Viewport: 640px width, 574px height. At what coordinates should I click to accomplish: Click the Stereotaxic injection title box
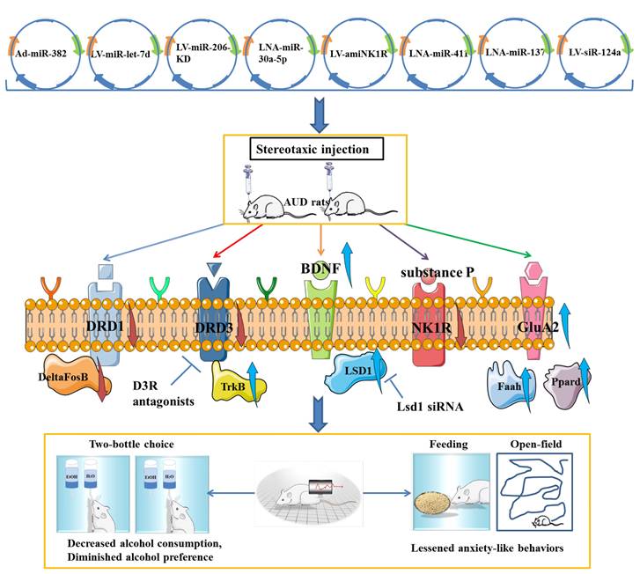[312, 150]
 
